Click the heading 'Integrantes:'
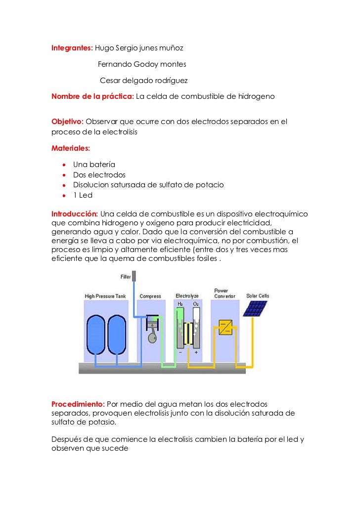(72, 48)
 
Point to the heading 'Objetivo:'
(68, 122)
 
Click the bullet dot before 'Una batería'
(65, 165)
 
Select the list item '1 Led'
(83, 195)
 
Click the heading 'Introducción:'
(75, 214)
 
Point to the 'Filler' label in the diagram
(126, 276)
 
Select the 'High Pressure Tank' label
(106, 297)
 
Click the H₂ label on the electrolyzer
(180, 303)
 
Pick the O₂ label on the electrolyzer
(196, 303)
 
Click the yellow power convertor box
(225, 327)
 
